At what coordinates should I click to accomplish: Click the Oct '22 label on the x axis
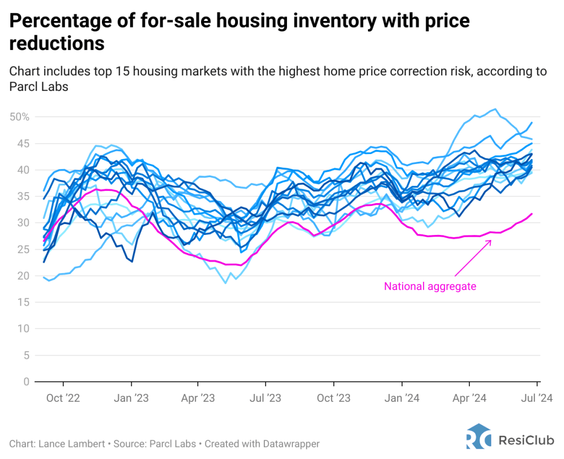(63, 397)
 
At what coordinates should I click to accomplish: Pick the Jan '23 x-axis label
(131, 397)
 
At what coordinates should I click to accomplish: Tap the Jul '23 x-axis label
(265, 397)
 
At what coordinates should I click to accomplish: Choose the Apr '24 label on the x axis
(469, 397)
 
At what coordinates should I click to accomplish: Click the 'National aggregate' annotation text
(430, 286)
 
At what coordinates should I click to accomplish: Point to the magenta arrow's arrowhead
(491, 241)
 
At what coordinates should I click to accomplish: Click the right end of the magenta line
(532, 214)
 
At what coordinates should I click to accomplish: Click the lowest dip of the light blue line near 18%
(225, 283)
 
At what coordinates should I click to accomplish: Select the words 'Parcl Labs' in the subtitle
(39, 86)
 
